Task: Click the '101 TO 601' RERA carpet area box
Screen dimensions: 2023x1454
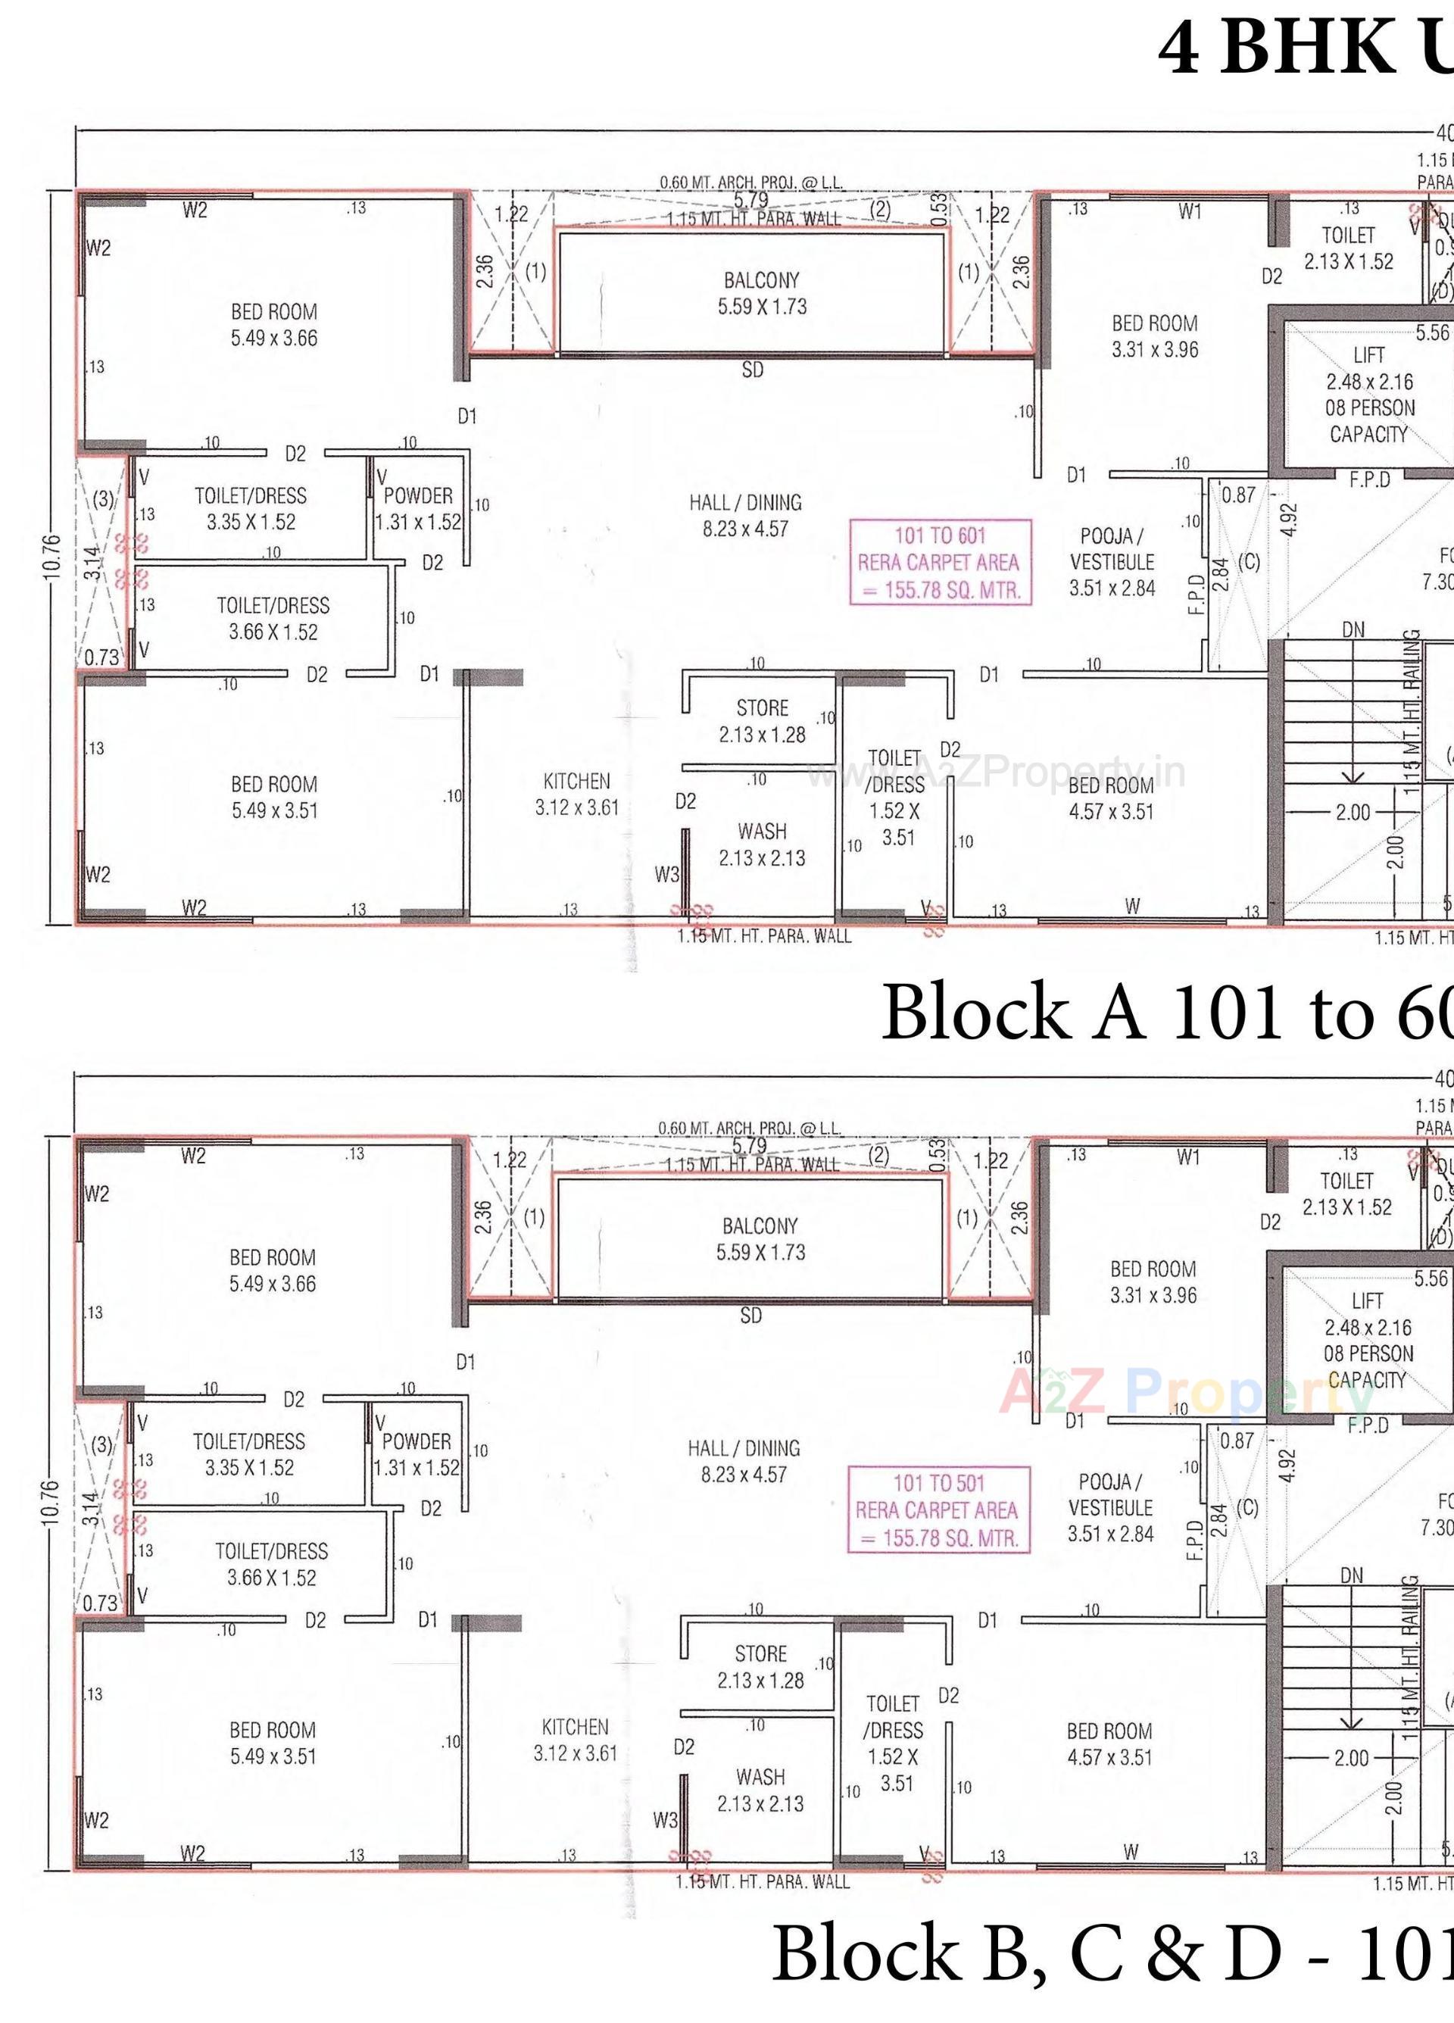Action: (x=941, y=562)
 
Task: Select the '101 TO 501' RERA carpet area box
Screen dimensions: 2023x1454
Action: (x=938, y=1510)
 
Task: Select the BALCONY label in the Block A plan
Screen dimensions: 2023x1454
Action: (x=762, y=280)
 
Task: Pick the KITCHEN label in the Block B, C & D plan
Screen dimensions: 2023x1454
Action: (x=576, y=1727)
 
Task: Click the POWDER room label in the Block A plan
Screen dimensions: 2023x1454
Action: (x=418, y=496)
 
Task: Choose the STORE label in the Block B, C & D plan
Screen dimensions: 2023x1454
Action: (x=761, y=1653)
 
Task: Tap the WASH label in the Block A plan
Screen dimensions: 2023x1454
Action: (x=762, y=832)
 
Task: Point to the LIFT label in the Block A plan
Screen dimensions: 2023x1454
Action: (x=1368, y=354)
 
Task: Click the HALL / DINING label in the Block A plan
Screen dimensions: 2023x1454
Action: (x=745, y=502)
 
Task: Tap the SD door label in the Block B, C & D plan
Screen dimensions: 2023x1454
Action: (x=751, y=1316)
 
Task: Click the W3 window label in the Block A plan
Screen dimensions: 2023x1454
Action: (x=666, y=875)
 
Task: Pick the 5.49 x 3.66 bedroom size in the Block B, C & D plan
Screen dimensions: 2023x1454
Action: (x=272, y=1284)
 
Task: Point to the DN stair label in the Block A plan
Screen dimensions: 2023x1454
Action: (x=1353, y=629)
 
